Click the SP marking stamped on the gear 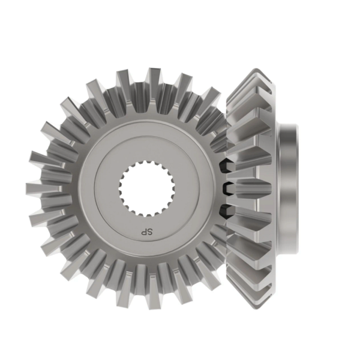click(x=147, y=232)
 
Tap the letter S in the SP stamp click(x=150, y=232)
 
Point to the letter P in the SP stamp click(x=144, y=232)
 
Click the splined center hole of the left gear click(x=147, y=189)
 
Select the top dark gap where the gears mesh click(x=225, y=166)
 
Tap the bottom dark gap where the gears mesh click(x=226, y=212)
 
